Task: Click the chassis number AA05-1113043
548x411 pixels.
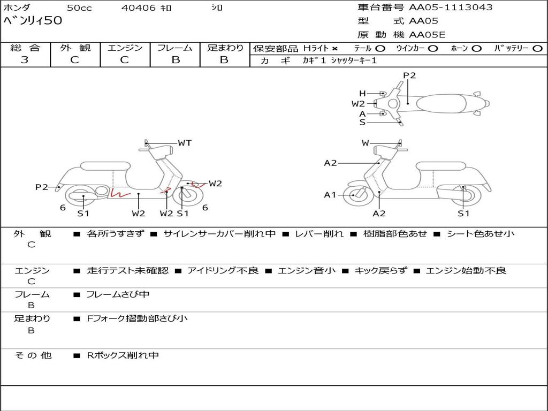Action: tap(451, 7)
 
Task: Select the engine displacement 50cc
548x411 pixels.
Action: tap(79, 8)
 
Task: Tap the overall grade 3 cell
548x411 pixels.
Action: tap(25, 60)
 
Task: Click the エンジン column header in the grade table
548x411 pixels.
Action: tap(125, 48)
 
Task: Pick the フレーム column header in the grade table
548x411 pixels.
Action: tap(175, 48)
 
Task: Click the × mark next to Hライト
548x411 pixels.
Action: tap(334, 49)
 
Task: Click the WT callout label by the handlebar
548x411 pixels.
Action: tap(185, 143)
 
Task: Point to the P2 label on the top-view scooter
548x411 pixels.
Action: tap(409, 75)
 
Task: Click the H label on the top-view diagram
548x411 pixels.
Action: tap(362, 93)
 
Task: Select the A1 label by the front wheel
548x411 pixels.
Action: tap(330, 195)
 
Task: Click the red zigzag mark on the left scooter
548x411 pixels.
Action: tap(120, 193)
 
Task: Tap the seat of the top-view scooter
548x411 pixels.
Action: tap(440, 103)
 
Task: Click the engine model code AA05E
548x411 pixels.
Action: tap(427, 35)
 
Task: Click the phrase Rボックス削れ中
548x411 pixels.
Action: tap(123, 355)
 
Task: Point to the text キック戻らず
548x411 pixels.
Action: tap(379, 271)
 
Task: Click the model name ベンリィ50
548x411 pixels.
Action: tap(33, 21)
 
